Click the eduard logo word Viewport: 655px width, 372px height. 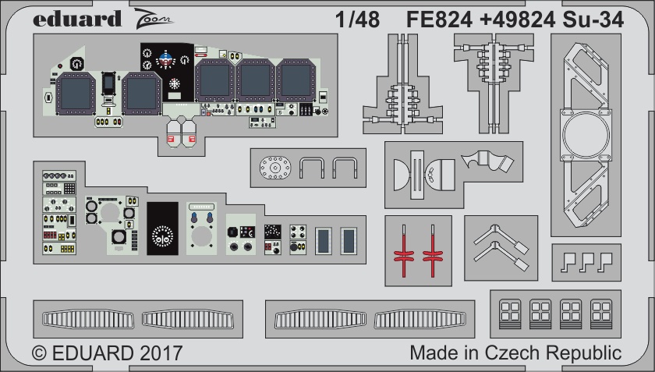(x=77, y=19)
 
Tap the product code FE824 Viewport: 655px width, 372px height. (x=439, y=19)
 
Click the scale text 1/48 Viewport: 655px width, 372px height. (x=358, y=19)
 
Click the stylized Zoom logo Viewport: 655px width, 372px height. (x=154, y=19)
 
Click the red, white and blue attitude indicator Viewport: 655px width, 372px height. (x=166, y=59)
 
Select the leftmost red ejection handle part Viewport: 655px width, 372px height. (x=404, y=251)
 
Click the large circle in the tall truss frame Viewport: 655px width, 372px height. (x=586, y=135)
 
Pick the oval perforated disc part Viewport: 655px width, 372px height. (x=274, y=168)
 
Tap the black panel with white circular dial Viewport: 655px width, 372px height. (x=162, y=229)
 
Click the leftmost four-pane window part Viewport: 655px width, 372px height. (x=510, y=314)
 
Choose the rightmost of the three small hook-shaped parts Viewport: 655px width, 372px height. (x=605, y=262)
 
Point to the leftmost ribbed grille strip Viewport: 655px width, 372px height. (x=88, y=319)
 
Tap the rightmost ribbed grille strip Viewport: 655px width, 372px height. (x=420, y=319)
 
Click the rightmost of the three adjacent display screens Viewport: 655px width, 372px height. (x=296, y=80)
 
